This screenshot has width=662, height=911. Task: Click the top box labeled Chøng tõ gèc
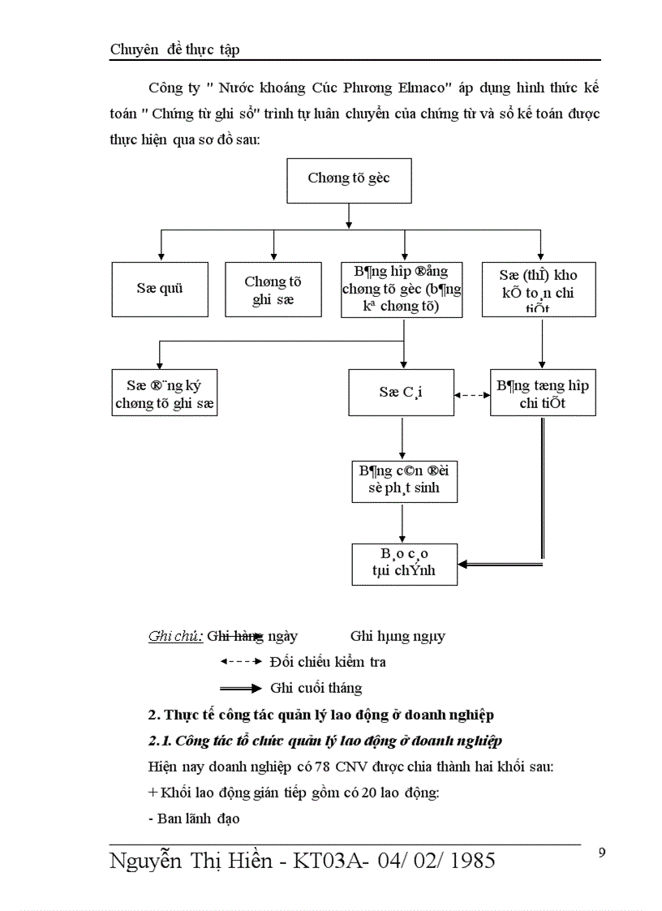point(349,178)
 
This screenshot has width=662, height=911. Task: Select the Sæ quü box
point(160,289)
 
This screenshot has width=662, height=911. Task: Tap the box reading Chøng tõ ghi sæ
point(273,289)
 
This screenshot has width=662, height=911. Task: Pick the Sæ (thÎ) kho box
point(539,289)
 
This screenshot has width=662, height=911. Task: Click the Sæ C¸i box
point(402,393)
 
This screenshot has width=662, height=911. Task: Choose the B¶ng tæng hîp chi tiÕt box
point(543,393)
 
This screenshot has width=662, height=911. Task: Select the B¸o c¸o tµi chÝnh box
point(403,563)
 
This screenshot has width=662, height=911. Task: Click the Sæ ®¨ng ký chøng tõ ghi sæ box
point(165,393)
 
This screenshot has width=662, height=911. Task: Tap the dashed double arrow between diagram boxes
point(471,395)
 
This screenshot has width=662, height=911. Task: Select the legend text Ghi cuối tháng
point(316,688)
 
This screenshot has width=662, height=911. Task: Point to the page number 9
point(601,852)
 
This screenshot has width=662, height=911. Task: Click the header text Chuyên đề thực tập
point(174,49)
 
